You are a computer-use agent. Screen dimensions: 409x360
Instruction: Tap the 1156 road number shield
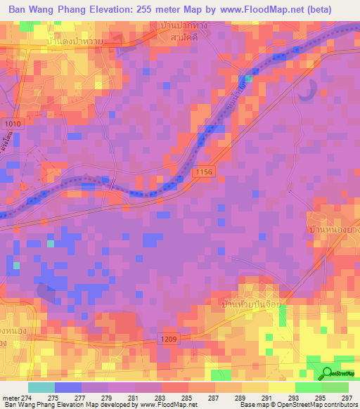coord(205,171)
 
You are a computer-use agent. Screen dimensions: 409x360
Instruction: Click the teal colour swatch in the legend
coord(41,387)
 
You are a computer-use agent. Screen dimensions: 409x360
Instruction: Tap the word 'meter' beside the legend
coord(13,397)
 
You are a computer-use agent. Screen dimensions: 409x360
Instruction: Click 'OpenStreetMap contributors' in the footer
coord(314,405)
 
